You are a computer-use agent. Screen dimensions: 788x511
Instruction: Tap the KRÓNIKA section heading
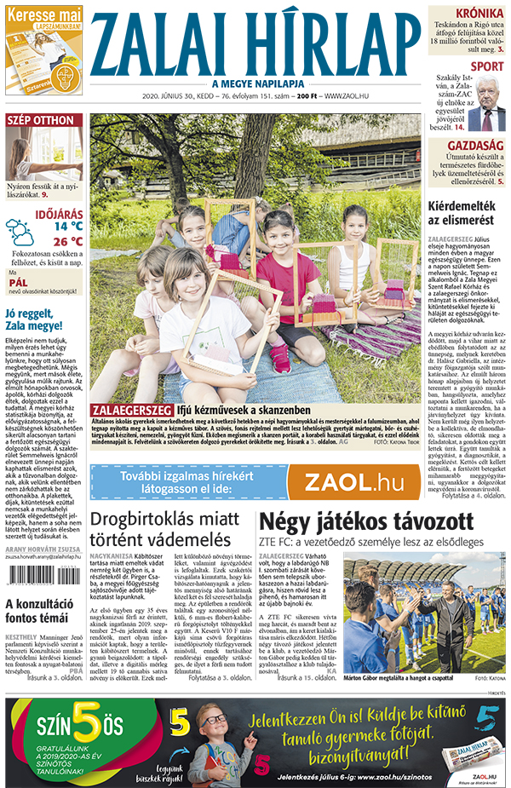(479, 14)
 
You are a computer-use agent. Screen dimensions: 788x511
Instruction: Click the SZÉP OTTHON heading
(40, 120)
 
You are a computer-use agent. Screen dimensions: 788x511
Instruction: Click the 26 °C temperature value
(67, 241)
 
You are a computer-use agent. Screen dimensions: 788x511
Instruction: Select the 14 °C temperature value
(67, 227)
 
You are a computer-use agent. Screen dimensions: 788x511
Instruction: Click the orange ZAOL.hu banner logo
(353, 483)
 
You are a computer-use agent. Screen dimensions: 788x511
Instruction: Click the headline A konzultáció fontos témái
(43, 613)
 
